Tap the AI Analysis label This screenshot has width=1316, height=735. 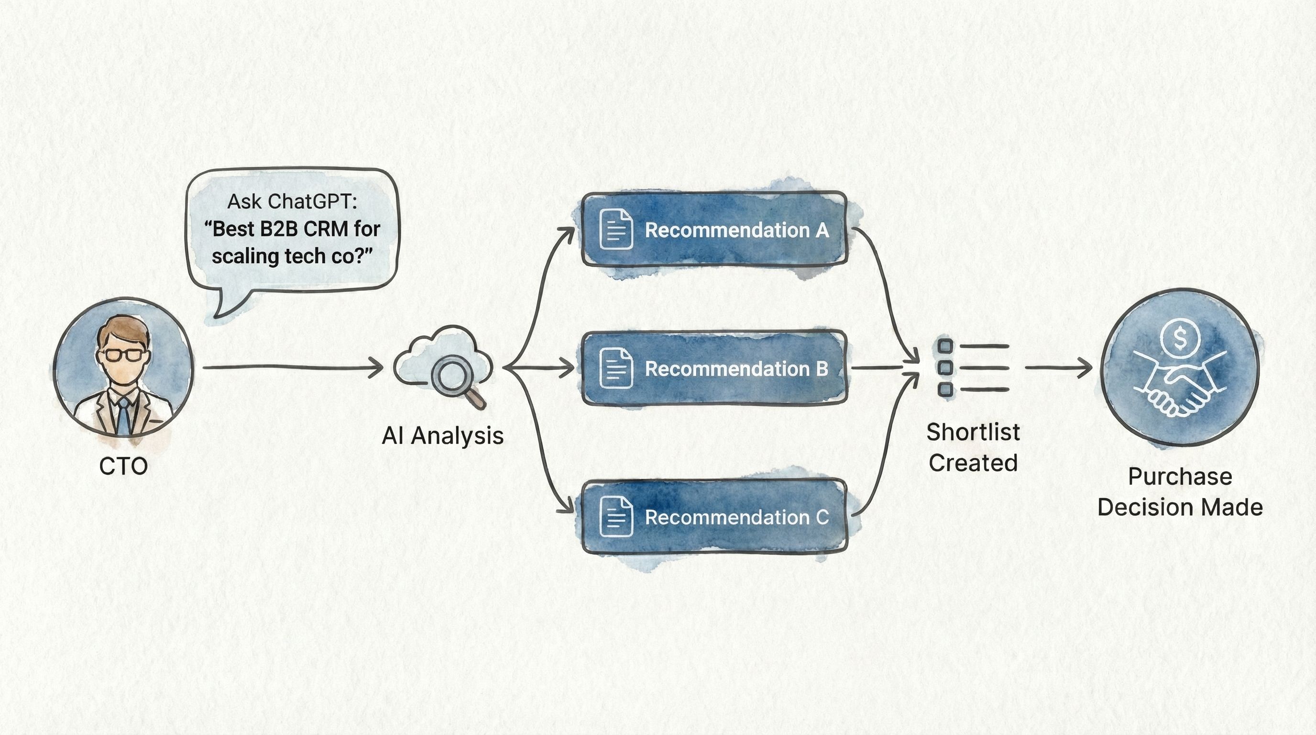442,436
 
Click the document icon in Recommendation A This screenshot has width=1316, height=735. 616,229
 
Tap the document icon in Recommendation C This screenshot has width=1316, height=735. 616,517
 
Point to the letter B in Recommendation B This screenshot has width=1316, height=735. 822,368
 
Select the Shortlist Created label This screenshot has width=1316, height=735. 973,447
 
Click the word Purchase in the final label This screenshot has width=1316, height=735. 1180,477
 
